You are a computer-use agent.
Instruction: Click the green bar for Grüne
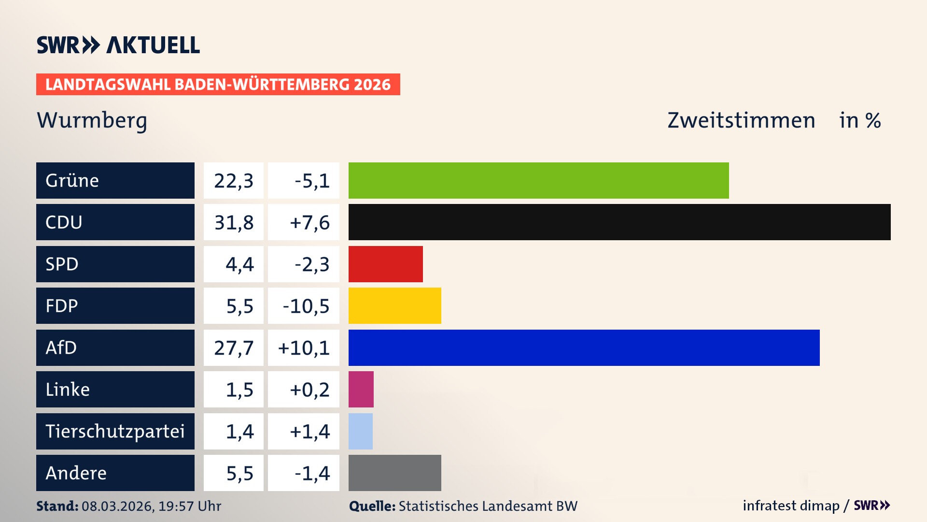click(x=538, y=180)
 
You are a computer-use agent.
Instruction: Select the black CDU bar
click(x=619, y=222)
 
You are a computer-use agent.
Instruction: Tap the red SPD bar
click(x=385, y=264)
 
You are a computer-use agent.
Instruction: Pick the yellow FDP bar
click(x=394, y=305)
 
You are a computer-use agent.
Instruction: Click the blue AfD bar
click(x=584, y=348)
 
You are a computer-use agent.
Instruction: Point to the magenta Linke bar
click(x=361, y=389)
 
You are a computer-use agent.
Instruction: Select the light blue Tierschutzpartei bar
click(x=360, y=431)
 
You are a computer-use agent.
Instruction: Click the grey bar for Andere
click(x=394, y=473)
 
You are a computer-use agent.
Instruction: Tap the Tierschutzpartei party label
click(x=115, y=431)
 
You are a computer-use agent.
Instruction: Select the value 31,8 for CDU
click(x=234, y=222)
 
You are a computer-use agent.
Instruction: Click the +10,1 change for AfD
click(x=304, y=348)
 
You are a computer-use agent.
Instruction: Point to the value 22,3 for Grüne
click(x=234, y=180)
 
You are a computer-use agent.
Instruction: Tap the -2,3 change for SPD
click(x=311, y=264)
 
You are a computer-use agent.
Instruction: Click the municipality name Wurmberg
click(x=92, y=120)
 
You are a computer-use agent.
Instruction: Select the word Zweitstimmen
click(x=741, y=120)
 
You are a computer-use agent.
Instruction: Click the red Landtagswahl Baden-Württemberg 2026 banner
click(x=218, y=84)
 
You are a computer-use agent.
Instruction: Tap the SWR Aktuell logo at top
click(x=118, y=45)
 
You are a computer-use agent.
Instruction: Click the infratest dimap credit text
click(x=790, y=506)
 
